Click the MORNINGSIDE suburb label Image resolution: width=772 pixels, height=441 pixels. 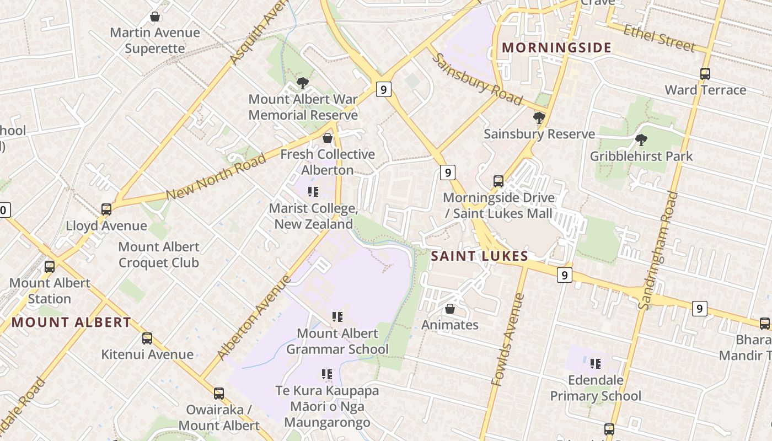click(557, 47)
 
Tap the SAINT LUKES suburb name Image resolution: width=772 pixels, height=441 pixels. click(479, 256)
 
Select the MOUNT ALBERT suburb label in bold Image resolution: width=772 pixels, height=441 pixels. click(72, 322)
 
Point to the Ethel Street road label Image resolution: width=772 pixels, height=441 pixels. click(659, 37)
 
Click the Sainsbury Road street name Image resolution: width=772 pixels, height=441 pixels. click(476, 79)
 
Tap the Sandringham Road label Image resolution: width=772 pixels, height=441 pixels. click(658, 250)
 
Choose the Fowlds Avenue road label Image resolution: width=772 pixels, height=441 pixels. click(508, 340)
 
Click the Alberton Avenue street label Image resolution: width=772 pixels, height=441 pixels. click(254, 318)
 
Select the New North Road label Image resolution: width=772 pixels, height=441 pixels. click(216, 177)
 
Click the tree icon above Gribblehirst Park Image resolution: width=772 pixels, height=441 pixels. click(641, 140)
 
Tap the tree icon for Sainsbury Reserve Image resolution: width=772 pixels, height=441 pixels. click(539, 118)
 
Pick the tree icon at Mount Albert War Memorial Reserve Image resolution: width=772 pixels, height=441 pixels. click(302, 83)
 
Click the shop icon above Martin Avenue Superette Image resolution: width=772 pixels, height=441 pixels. click(155, 17)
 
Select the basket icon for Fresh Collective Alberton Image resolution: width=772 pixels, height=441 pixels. click(328, 138)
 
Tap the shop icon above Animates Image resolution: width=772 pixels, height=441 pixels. click(450, 309)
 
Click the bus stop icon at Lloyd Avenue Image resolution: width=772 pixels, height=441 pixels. click(106, 209)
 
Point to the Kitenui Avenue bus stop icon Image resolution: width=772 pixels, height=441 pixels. click(147, 338)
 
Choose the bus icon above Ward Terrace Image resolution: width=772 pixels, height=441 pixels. click(705, 74)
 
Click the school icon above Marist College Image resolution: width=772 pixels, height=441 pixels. click(313, 192)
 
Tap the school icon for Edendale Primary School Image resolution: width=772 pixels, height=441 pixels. click(596, 364)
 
